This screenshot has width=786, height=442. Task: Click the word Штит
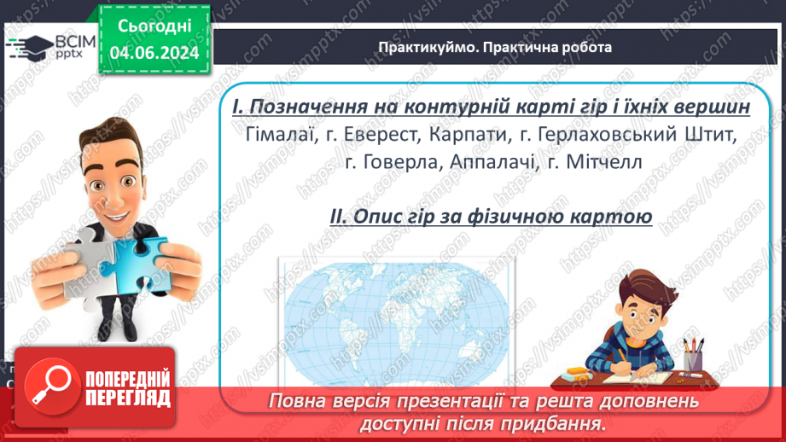pyautogui.click(x=710, y=135)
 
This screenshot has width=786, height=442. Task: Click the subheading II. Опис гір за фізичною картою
pyautogui.click(x=491, y=217)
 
